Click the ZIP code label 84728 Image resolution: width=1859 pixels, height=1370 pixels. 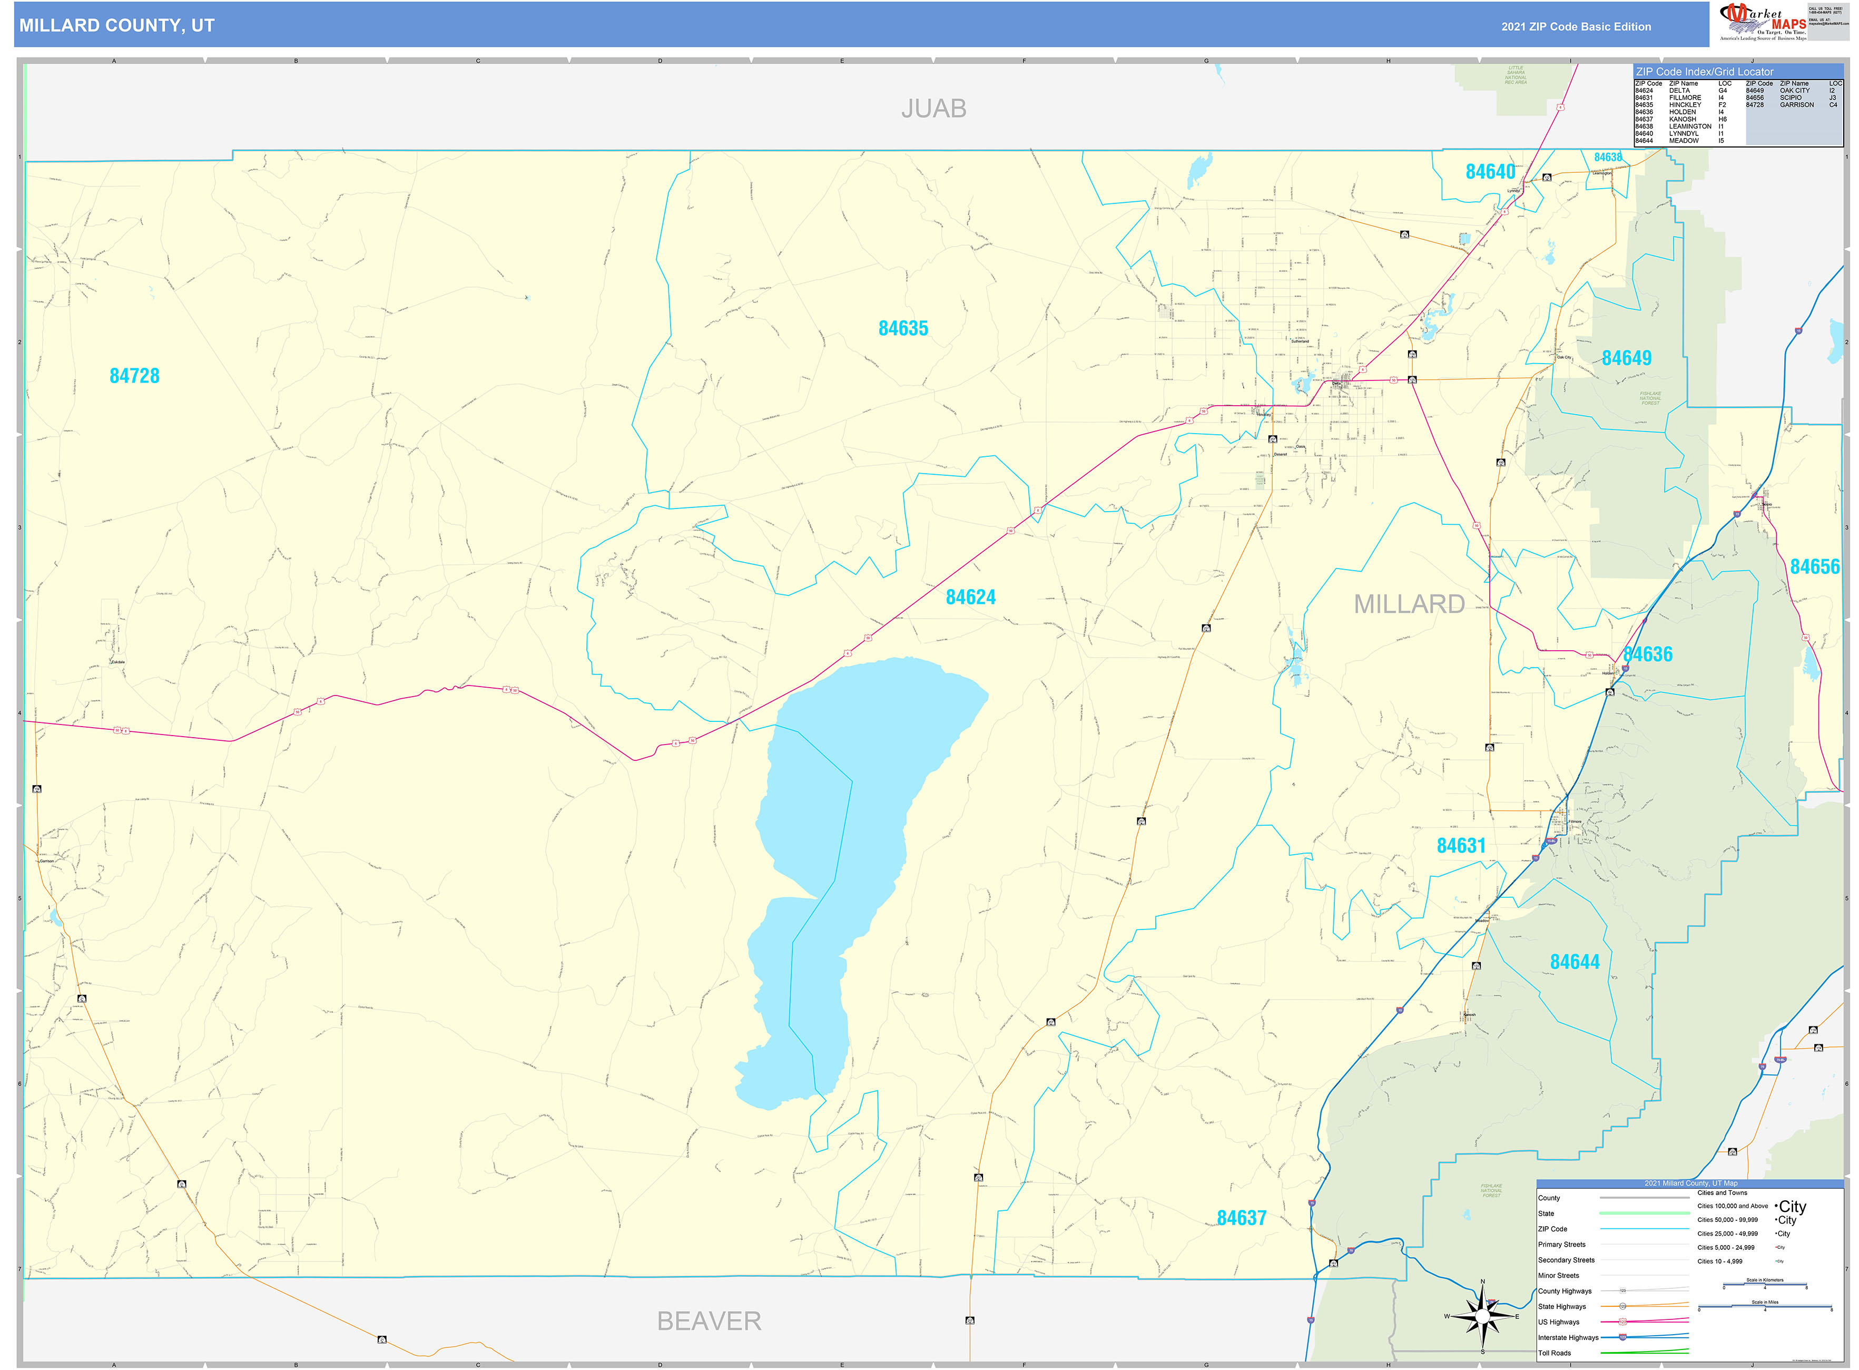click(134, 376)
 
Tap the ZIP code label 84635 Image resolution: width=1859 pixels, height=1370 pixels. click(903, 328)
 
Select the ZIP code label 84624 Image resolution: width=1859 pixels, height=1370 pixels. click(970, 597)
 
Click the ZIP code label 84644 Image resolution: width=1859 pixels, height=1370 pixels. click(1575, 962)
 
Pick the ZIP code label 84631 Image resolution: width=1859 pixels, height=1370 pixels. click(1461, 846)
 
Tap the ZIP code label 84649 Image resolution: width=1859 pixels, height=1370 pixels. click(1626, 358)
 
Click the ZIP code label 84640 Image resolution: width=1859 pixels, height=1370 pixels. click(1490, 172)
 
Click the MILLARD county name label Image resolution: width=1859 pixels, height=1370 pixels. click(1409, 604)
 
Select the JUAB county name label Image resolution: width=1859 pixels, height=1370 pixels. click(933, 109)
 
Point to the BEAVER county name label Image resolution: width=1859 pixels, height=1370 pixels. click(709, 1321)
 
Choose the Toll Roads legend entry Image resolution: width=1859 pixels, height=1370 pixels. click(1555, 1353)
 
